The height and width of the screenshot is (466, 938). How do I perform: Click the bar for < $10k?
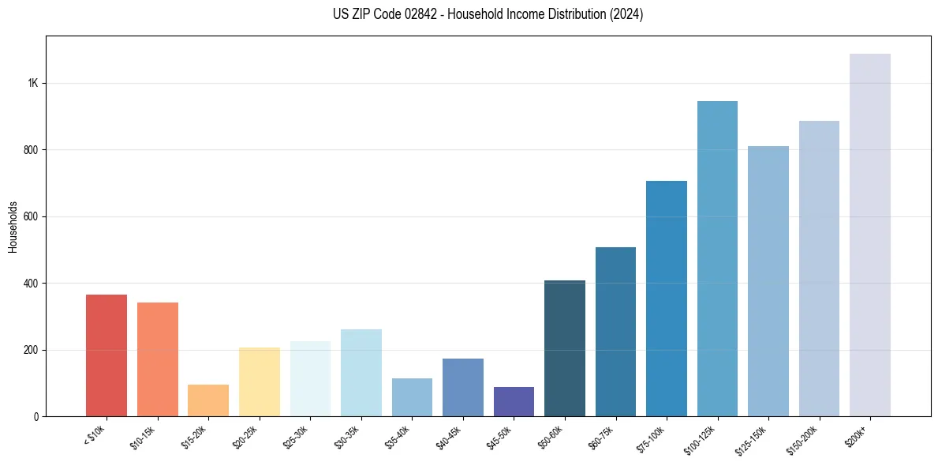(x=107, y=355)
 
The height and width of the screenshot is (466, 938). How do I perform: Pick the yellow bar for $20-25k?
(x=260, y=382)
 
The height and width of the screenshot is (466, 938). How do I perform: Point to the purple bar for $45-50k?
(x=514, y=401)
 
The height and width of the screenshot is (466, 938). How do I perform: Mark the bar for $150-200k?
(x=819, y=269)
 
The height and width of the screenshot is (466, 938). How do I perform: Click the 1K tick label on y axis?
(x=32, y=84)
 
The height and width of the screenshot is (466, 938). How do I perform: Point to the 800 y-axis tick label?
(x=31, y=150)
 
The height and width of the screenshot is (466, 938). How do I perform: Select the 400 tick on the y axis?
(x=31, y=284)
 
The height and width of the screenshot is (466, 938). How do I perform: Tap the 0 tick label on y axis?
(x=36, y=416)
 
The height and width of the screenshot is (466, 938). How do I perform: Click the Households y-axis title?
(x=13, y=226)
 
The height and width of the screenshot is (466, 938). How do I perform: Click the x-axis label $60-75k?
(x=601, y=437)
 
